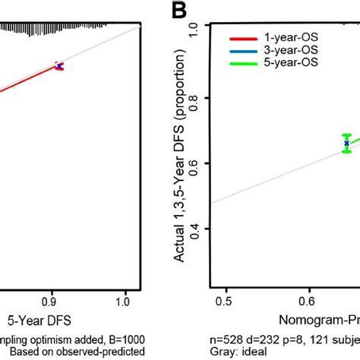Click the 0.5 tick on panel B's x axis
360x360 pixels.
coord(223,302)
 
